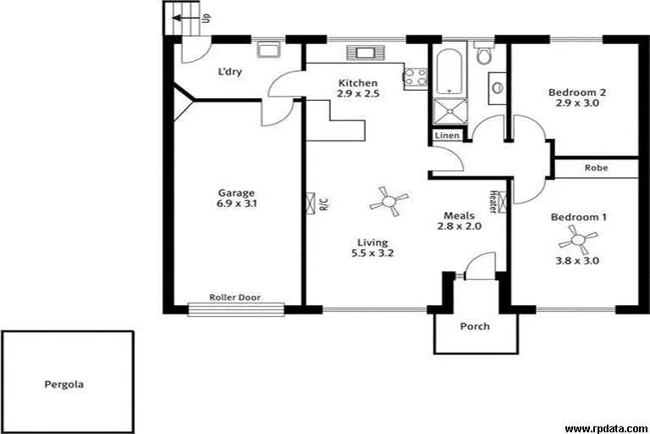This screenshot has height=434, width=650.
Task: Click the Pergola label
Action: (x=63, y=385)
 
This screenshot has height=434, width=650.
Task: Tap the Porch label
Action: (x=474, y=326)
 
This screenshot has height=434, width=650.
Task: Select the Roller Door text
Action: (x=235, y=298)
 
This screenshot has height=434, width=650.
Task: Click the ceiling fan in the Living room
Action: (x=388, y=201)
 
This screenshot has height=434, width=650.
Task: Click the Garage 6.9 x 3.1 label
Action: (x=235, y=198)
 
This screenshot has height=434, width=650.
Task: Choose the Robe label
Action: (x=596, y=168)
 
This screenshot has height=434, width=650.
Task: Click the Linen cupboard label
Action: (x=447, y=136)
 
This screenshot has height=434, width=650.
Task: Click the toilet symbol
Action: (x=484, y=54)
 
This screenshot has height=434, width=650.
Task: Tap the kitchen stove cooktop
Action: (x=416, y=78)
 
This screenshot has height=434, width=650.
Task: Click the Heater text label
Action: (x=493, y=202)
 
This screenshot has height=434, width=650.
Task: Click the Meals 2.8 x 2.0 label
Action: (x=459, y=221)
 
